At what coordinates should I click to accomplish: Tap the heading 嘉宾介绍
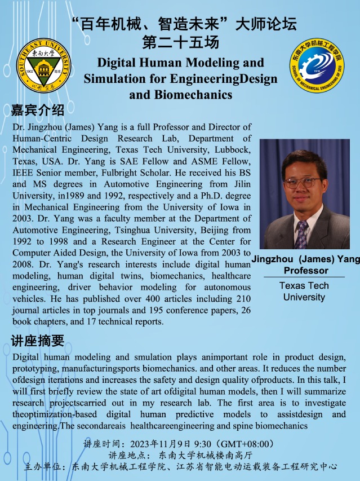click(x=38, y=109)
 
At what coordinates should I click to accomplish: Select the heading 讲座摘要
click(x=38, y=341)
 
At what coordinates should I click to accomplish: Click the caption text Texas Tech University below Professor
click(x=304, y=291)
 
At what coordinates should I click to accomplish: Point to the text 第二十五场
click(x=180, y=42)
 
